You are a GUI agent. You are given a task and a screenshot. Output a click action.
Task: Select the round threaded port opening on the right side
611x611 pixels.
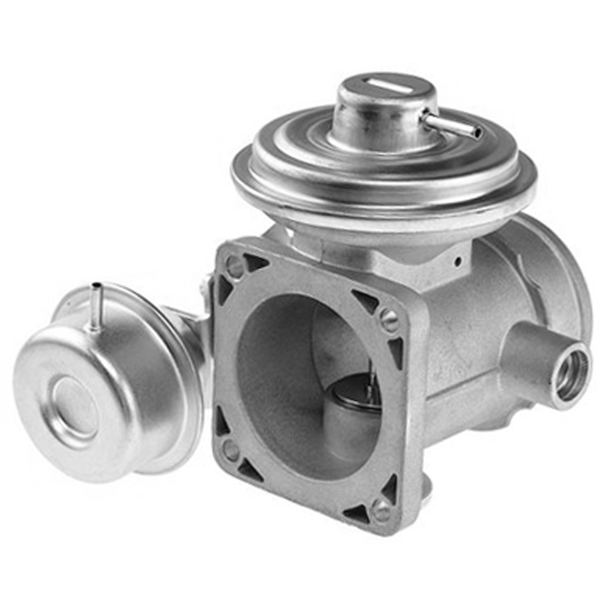click(x=569, y=377)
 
